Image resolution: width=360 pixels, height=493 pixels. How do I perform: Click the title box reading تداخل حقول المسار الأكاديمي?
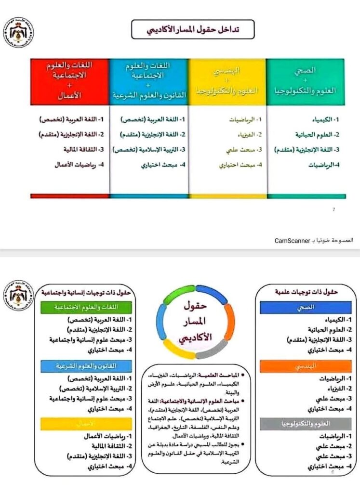(x=193, y=30)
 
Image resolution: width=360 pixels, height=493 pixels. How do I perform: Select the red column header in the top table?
(x=69, y=81)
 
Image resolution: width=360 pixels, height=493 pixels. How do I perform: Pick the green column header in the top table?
(x=306, y=81)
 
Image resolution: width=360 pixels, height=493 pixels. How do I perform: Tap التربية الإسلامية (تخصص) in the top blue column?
(x=150, y=149)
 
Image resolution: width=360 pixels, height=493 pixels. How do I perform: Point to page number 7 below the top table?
(x=334, y=209)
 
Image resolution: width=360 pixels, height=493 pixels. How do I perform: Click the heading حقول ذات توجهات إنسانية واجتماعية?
(x=90, y=292)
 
